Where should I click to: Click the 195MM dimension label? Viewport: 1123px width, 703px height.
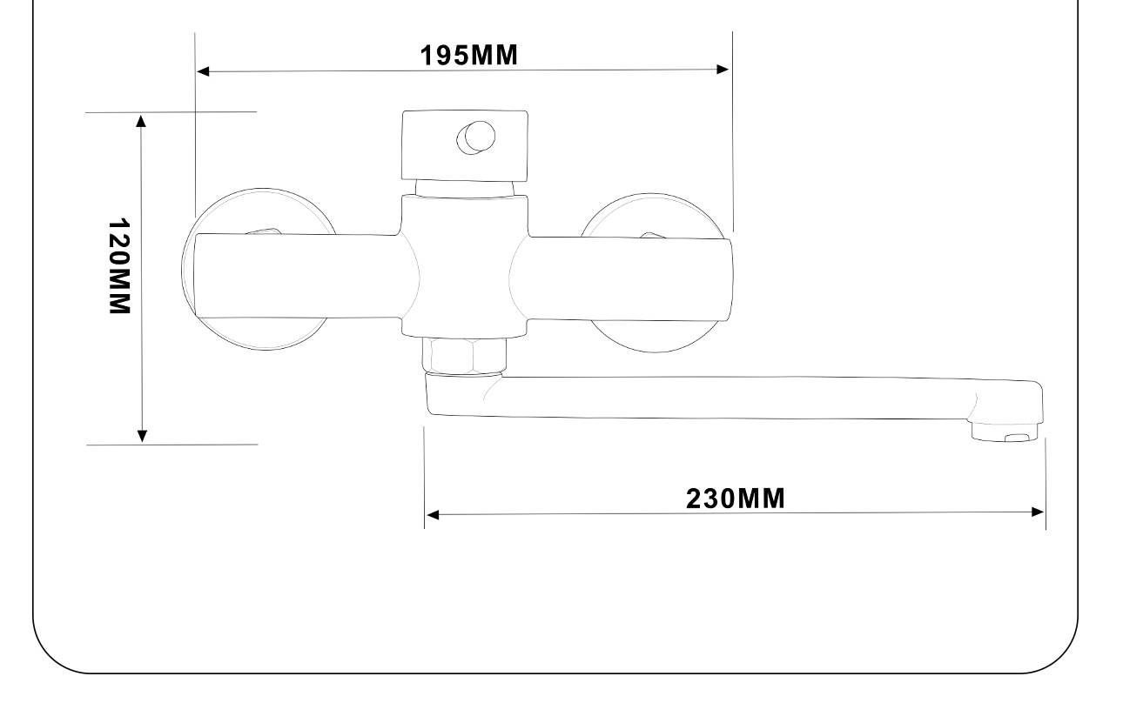pos(468,55)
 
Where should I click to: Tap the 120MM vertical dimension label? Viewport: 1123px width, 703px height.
pos(120,266)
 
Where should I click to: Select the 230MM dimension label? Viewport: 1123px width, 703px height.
pos(735,499)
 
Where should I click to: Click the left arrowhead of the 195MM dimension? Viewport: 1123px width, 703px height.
pos(203,71)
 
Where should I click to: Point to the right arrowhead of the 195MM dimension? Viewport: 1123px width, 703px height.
pos(723,69)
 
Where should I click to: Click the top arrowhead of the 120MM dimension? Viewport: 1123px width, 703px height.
pos(141,121)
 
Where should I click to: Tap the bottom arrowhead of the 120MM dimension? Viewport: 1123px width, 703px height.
pos(143,436)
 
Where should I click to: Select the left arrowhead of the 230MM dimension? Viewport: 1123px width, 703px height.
pos(433,514)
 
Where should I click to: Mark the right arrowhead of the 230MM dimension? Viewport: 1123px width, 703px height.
pos(1038,512)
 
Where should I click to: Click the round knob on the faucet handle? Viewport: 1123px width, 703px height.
pos(476,137)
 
